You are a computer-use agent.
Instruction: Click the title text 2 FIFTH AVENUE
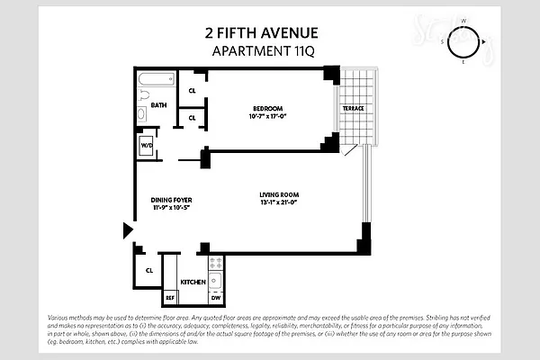(x=262, y=34)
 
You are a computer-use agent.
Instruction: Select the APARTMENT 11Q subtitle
(x=262, y=50)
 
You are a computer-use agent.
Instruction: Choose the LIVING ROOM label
(x=279, y=195)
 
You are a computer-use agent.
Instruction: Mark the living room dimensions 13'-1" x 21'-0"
(x=279, y=204)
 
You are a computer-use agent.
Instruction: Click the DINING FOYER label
(x=171, y=200)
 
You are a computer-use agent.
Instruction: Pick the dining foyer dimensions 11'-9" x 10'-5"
(x=171, y=209)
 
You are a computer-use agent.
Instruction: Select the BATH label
(x=159, y=105)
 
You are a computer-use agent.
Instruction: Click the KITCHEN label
(x=193, y=283)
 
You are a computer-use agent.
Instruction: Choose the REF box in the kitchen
(x=169, y=297)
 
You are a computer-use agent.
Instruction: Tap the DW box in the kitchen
(x=216, y=297)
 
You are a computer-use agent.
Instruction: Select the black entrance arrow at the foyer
(x=127, y=232)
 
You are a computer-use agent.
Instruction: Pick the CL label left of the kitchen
(x=148, y=269)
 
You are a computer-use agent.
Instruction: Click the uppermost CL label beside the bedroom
(x=193, y=91)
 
